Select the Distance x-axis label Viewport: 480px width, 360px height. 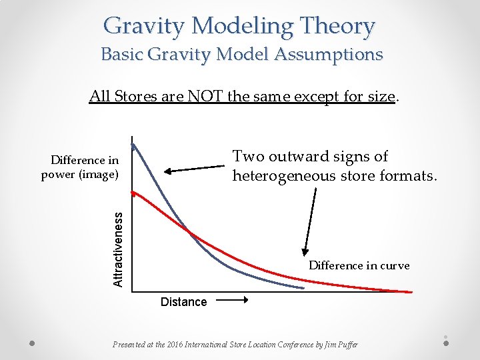183,302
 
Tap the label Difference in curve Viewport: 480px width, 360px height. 359,265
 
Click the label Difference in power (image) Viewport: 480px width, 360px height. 80,167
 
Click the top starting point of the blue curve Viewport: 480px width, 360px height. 133,145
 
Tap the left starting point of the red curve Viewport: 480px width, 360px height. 133,191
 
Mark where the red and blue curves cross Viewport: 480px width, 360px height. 189,231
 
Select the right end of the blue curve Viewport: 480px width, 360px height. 304,288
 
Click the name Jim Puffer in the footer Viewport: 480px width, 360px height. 339,345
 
